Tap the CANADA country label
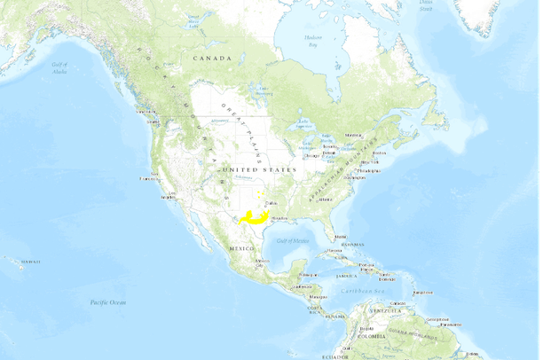pyautogui.click(x=213, y=59)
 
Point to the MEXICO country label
pyautogui.click(x=241, y=249)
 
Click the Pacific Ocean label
pyautogui.click(x=109, y=303)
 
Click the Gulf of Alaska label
pyautogui.click(x=59, y=68)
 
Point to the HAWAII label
pyautogui.click(x=31, y=262)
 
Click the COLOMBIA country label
pyautogui.click(x=371, y=337)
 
